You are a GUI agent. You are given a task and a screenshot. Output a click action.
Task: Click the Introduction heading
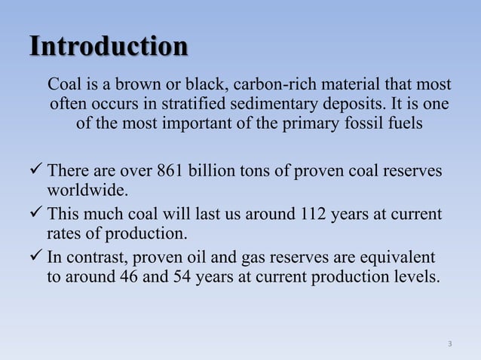pos(108,47)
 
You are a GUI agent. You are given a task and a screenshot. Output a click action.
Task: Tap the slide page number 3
pos(449,344)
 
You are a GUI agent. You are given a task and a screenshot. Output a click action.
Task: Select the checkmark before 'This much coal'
pos(38,215)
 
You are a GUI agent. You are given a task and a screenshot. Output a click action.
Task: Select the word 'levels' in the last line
pos(413,276)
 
